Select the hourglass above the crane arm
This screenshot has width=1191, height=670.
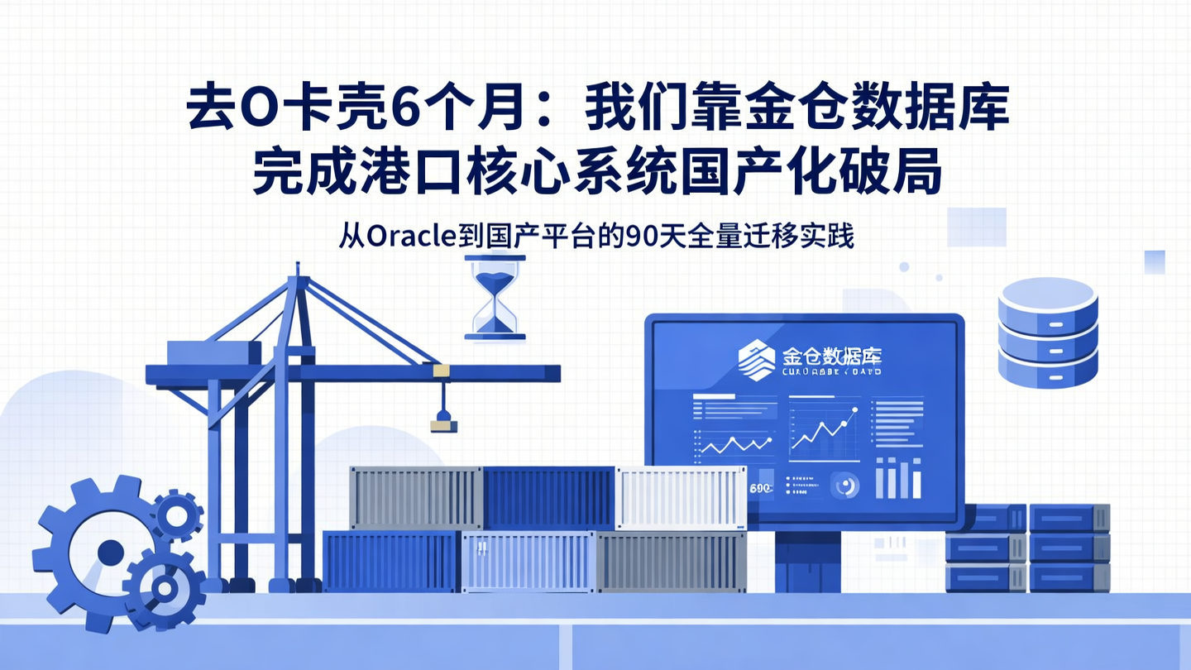[x=495, y=296]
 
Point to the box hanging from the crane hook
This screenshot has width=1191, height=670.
[x=443, y=425]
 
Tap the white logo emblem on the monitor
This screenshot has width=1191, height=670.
[x=757, y=361]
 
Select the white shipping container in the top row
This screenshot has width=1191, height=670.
[x=680, y=497]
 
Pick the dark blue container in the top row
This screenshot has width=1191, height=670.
[x=548, y=497]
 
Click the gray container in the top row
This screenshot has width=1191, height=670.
[x=415, y=497]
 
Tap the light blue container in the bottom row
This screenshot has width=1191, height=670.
[x=528, y=562]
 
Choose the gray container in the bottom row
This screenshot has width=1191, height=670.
[x=670, y=562]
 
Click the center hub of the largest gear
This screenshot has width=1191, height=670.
[x=110, y=552]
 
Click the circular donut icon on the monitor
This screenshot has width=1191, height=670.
[x=846, y=486]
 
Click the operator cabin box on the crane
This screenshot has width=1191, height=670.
[x=213, y=353]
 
